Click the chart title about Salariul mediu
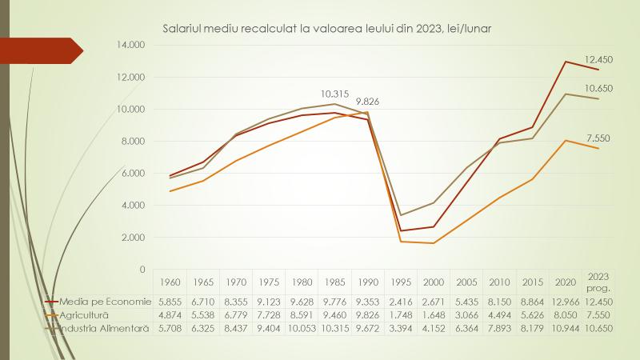click(326, 28)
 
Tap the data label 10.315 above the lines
click(336, 93)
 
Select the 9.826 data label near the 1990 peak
click(370, 102)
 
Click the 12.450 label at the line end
click(598, 59)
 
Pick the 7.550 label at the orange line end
click(598, 138)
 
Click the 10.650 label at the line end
click(598, 89)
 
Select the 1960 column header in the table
click(169, 282)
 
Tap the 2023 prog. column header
click(598, 282)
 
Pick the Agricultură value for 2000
click(432, 315)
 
